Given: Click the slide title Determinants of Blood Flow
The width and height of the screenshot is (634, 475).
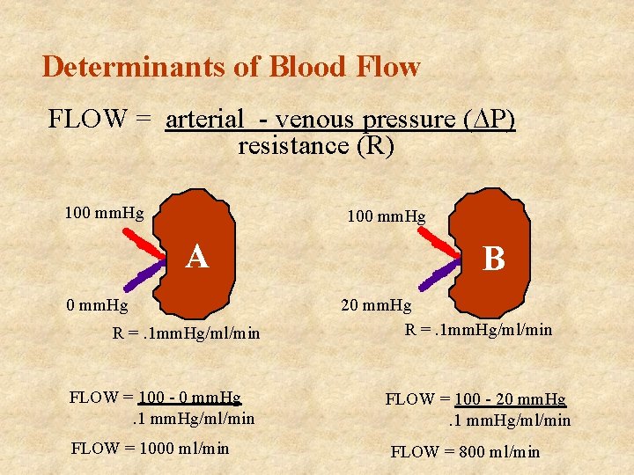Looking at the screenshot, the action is click(x=231, y=67).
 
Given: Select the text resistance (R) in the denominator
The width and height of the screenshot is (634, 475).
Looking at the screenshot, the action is click(x=316, y=146).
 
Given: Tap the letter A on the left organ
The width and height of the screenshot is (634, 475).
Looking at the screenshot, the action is click(x=197, y=257).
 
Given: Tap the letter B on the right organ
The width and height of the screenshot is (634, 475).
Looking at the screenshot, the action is click(x=494, y=259).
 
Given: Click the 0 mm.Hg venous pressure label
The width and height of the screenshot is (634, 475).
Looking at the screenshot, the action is click(x=98, y=306).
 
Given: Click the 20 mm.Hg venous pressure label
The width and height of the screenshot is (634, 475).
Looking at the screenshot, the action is click(x=376, y=305).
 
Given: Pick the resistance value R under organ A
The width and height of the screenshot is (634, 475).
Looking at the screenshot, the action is click(x=186, y=333).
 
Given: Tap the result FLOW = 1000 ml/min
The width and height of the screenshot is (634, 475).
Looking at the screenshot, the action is click(x=149, y=449).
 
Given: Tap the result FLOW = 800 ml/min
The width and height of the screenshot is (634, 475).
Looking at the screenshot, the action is click(x=465, y=452).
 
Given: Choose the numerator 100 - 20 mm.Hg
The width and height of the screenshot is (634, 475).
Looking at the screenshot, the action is click(x=510, y=399).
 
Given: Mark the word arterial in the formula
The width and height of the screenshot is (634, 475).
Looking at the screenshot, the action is click(x=204, y=119).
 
